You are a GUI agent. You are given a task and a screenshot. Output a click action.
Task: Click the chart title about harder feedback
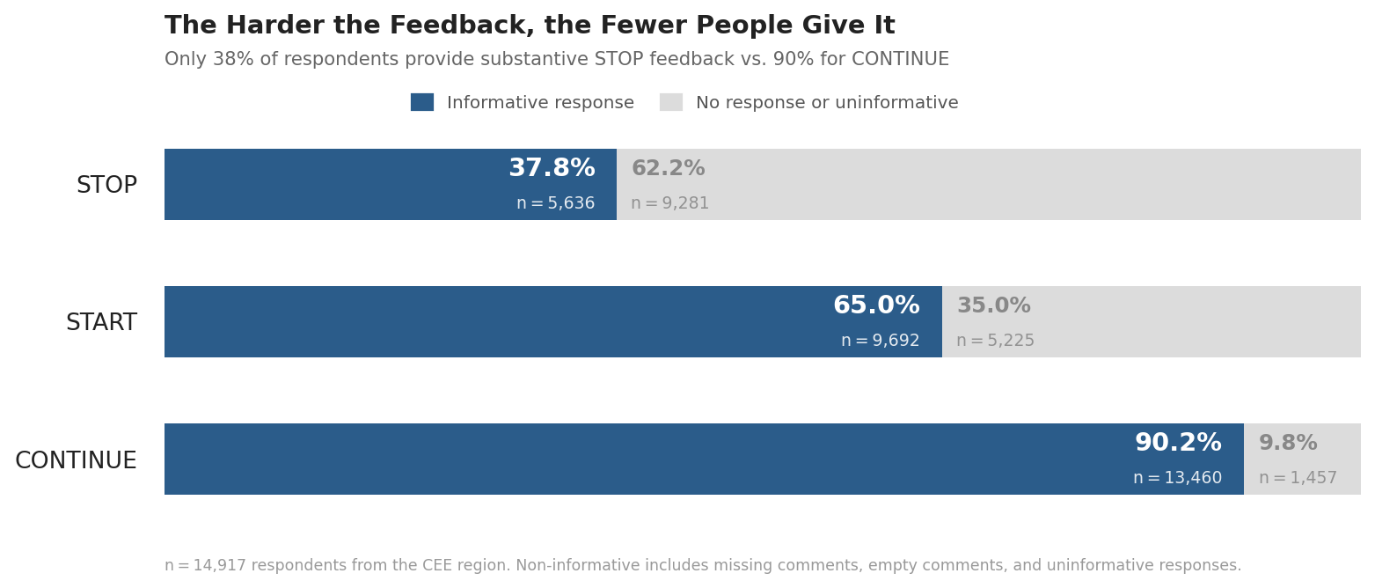(x=530, y=26)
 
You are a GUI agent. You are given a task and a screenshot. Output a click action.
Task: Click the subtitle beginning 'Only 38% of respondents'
(x=556, y=60)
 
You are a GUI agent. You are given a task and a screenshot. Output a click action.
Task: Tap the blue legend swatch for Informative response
(x=422, y=102)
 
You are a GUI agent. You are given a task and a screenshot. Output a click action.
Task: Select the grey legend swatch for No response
(x=671, y=102)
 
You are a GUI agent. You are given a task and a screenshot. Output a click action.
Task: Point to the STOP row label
(x=106, y=186)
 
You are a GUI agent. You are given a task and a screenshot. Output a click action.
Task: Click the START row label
(x=101, y=323)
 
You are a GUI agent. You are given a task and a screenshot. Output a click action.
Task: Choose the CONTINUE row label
(x=76, y=461)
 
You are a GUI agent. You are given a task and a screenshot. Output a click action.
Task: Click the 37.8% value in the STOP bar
(x=552, y=169)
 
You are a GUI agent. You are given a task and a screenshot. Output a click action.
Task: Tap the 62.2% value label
(x=668, y=169)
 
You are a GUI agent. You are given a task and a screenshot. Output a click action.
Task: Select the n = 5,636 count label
(x=555, y=203)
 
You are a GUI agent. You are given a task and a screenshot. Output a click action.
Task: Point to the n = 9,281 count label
(x=669, y=203)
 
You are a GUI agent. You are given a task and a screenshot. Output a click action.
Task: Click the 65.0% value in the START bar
(x=876, y=306)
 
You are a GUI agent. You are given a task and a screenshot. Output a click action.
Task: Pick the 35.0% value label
(x=993, y=306)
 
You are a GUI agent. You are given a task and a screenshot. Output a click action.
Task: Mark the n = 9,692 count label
(x=880, y=341)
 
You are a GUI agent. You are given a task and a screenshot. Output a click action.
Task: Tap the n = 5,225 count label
(x=995, y=341)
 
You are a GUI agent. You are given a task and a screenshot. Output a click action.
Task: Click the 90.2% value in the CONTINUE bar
(x=1178, y=444)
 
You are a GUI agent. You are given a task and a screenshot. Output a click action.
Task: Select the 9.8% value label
(x=1288, y=444)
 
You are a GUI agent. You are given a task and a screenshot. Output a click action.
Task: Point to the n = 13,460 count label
(x=1177, y=478)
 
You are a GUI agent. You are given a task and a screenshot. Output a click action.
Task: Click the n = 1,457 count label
(x=1298, y=478)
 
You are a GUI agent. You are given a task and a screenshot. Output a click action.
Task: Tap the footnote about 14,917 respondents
(x=703, y=566)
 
